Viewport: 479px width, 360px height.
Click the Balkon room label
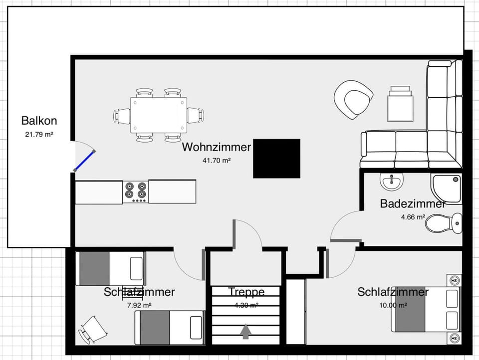pyautogui.click(x=39, y=121)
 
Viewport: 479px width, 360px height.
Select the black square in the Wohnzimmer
pyautogui.click(x=276, y=159)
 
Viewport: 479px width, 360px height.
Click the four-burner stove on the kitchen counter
pyautogui.click(x=136, y=191)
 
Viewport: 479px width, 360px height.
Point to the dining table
pyautogui.click(x=159, y=115)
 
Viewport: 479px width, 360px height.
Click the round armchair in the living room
pyautogui.click(x=354, y=99)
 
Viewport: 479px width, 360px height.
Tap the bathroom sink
pyautogui.click(x=391, y=181)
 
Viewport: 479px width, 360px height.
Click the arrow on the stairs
pyautogui.click(x=245, y=332)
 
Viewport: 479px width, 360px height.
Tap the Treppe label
pyautogui.click(x=246, y=292)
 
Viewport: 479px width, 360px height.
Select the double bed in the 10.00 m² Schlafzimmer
pyautogui.click(x=426, y=309)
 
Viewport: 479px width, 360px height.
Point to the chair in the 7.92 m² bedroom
pyautogui.click(x=93, y=330)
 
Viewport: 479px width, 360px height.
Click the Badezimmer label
pyautogui.click(x=412, y=204)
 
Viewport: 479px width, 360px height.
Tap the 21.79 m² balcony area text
pyautogui.click(x=39, y=134)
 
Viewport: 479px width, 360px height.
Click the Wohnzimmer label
pyautogui.click(x=216, y=147)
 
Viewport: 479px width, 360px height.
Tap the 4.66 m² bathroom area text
pyautogui.click(x=413, y=217)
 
